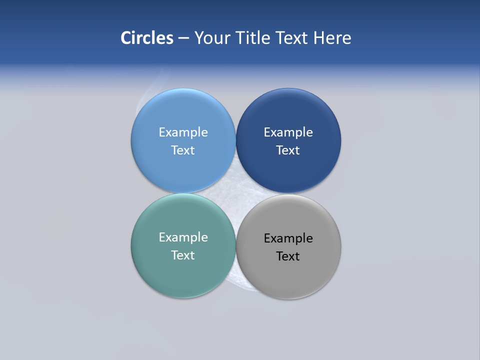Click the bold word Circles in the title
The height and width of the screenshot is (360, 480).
pos(147,38)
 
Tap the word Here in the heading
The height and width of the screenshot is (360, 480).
pos(332,38)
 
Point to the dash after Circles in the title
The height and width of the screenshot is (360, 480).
pos(183,38)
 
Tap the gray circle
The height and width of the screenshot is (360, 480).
pos(288,275)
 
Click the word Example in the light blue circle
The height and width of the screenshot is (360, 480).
pos(183,132)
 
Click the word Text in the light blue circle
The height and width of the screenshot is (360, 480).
pos(183,150)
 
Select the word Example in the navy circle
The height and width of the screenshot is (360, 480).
pos(288,132)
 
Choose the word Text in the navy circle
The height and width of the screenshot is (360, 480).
pos(288,150)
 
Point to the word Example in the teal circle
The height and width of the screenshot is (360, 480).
pos(183,237)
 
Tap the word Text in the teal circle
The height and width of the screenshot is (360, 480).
pos(183,255)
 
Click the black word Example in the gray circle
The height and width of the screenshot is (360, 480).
pos(288,238)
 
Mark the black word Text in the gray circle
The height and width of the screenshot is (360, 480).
pos(288,256)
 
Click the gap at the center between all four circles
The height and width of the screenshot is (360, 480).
pos(236,193)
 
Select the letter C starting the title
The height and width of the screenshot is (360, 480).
pos(125,38)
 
